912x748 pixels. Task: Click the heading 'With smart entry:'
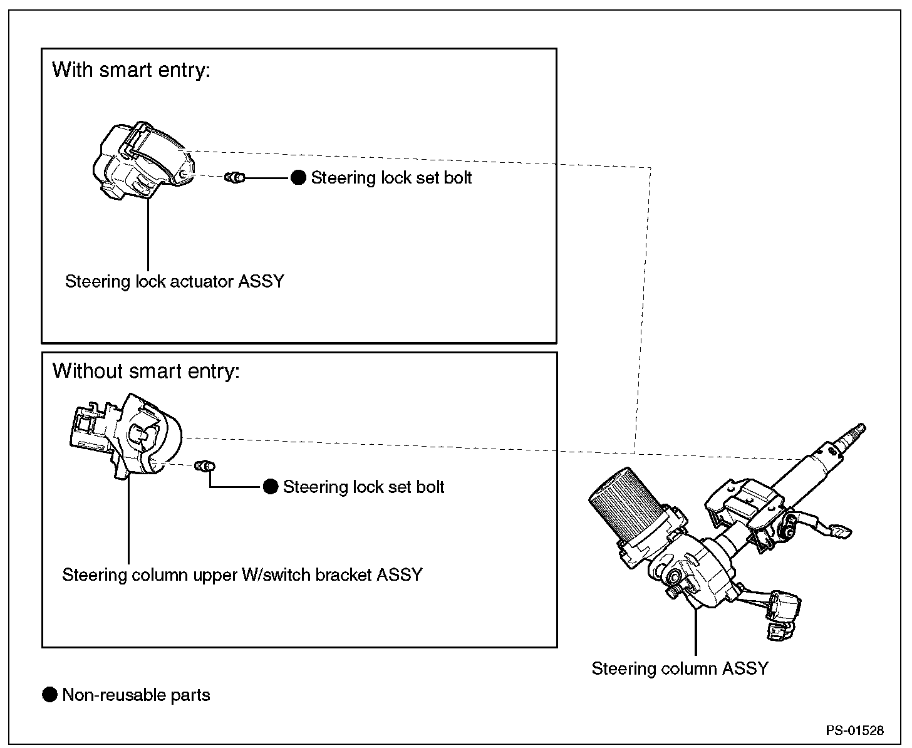coord(131,70)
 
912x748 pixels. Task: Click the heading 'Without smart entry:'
coord(146,371)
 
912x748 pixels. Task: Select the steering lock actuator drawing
coord(143,160)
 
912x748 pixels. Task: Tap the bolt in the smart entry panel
coord(235,177)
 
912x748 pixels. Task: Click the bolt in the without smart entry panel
coord(205,466)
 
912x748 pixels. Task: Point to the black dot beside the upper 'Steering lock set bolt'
coord(298,177)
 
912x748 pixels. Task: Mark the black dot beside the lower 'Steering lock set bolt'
coord(271,487)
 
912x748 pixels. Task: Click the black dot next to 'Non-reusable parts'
coord(49,695)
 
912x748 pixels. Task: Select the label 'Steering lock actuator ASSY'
coord(175,281)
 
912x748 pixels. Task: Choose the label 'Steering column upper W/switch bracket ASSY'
coord(242,575)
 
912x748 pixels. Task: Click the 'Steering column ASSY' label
coord(680,668)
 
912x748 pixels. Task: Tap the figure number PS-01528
coord(855,730)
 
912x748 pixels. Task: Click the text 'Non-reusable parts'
coord(136,695)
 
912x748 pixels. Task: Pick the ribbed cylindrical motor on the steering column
coord(625,506)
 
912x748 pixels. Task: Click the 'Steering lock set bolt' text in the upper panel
coord(391,178)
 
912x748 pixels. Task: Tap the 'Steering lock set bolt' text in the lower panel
coord(364,487)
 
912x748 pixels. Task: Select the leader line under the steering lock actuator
coord(148,234)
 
